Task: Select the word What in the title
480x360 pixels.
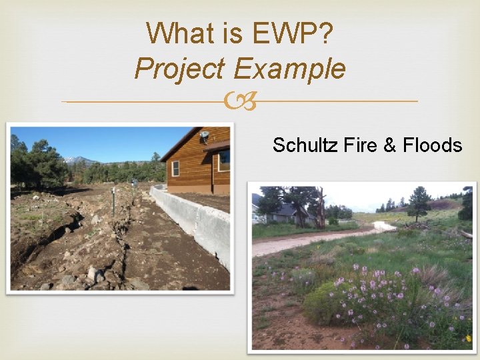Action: [x=176, y=33]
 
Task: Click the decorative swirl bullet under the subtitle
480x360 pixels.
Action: [x=240, y=102]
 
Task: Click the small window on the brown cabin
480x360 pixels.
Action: [x=175, y=169]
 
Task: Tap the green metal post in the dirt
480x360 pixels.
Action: [x=113, y=201]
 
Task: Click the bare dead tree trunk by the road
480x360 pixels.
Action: [x=321, y=207]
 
